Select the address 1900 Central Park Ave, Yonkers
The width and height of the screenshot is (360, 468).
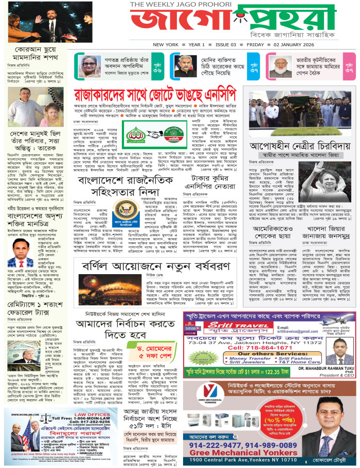(260, 459)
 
